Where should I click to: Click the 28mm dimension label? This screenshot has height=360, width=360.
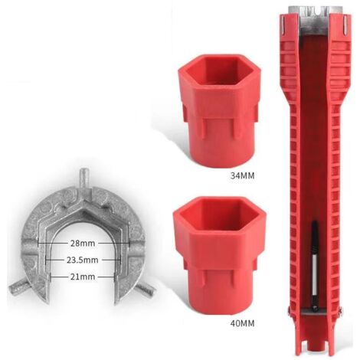coord(83,243)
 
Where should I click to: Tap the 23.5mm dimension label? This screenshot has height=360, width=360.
coord(83,260)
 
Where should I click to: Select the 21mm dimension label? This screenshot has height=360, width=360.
coord(83,277)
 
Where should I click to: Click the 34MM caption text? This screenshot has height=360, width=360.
coord(242,175)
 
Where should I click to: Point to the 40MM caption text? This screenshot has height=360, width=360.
coord(242,323)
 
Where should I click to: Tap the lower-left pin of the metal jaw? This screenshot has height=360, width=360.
coord(18,289)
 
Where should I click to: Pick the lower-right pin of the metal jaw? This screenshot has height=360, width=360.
coord(146,290)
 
